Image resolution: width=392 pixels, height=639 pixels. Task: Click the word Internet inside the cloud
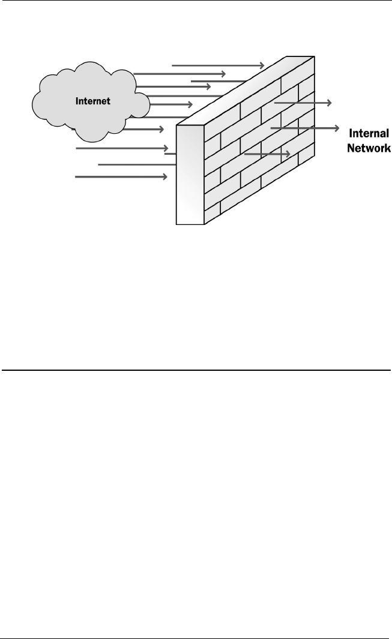pyautogui.click(x=92, y=101)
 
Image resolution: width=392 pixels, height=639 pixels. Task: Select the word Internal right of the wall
pyautogui.click(x=369, y=133)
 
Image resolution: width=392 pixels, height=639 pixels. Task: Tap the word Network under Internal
pyautogui.click(x=369, y=147)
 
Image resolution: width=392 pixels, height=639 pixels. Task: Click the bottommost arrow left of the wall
pyautogui.click(x=121, y=177)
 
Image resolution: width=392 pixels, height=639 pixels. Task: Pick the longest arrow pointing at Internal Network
pyautogui.click(x=306, y=128)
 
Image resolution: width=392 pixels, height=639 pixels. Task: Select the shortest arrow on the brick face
pyautogui.click(x=268, y=154)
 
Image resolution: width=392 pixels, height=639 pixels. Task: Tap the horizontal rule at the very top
pyautogui.click(x=196, y=1)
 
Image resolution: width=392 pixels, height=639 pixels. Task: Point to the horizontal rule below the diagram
pyautogui.click(x=196, y=370)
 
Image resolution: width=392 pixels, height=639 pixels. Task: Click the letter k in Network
pyautogui.click(x=387, y=147)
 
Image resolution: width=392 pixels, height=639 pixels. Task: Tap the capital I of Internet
pyautogui.click(x=77, y=101)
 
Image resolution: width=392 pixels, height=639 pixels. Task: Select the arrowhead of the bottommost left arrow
pyautogui.click(x=165, y=177)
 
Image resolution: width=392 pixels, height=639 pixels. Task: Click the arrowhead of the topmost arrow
pyautogui.click(x=262, y=64)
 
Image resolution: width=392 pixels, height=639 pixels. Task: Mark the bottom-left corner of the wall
pyautogui.click(x=176, y=224)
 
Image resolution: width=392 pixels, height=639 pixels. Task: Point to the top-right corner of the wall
pyautogui.click(x=314, y=56)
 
